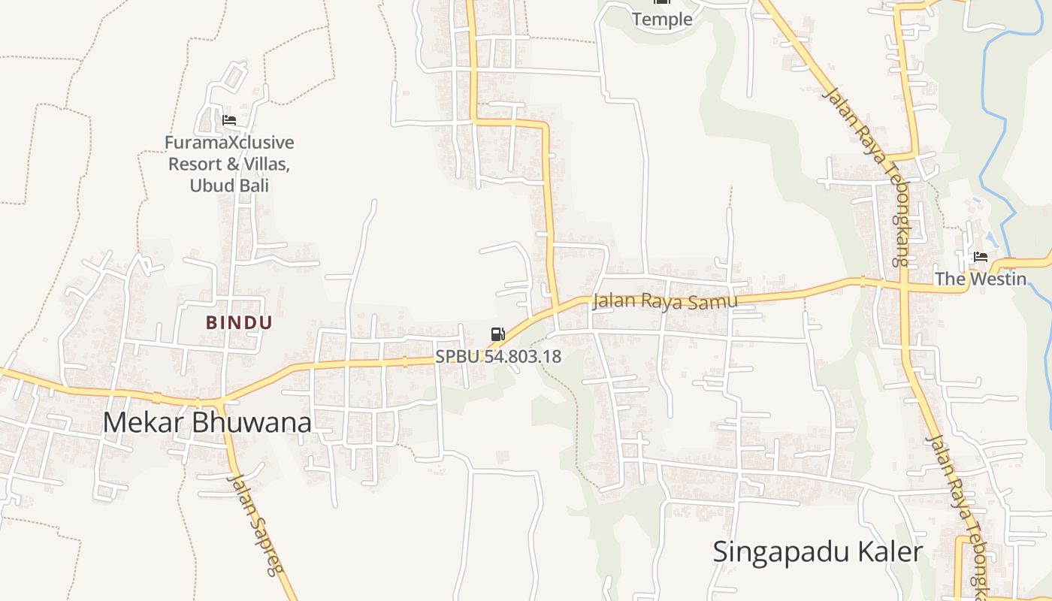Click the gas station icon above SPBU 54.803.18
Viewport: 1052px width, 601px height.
point(497,334)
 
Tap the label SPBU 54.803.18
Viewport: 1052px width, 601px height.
point(498,356)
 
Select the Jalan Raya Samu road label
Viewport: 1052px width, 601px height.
point(664,300)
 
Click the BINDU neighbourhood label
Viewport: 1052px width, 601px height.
point(239,323)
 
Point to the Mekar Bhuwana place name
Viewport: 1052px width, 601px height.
point(207,423)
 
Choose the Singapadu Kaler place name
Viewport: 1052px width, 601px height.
point(817,552)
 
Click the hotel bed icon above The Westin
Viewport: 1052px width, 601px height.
point(981,257)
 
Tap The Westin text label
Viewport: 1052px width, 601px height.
point(980,279)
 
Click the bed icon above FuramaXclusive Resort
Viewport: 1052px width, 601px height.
point(229,120)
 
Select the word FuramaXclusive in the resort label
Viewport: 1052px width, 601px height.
point(229,143)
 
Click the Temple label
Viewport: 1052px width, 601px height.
point(662,20)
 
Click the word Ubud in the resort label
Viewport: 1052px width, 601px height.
point(207,185)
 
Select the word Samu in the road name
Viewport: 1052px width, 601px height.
point(718,300)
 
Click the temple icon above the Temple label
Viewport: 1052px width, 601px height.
point(662,2)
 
